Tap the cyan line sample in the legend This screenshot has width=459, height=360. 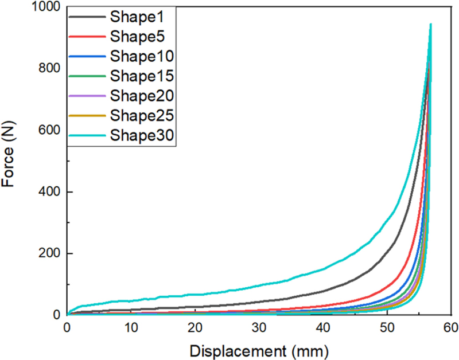[x=87, y=135]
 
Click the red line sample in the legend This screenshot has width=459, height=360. [x=87, y=37]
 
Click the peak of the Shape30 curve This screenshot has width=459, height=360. [x=430, y=25]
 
